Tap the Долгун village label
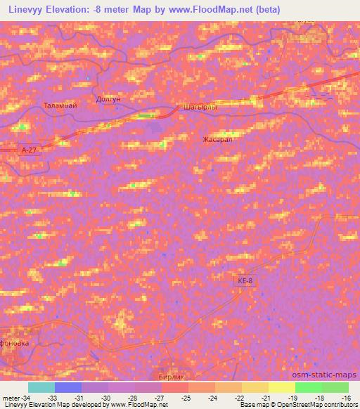[108, 100]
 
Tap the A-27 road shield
[27, 150]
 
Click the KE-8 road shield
[244, 280]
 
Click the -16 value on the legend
[345, 398]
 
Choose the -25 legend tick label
[186, 398]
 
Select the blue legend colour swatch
[67, 387]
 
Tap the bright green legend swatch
[308, 387]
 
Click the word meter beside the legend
[10, 398]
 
